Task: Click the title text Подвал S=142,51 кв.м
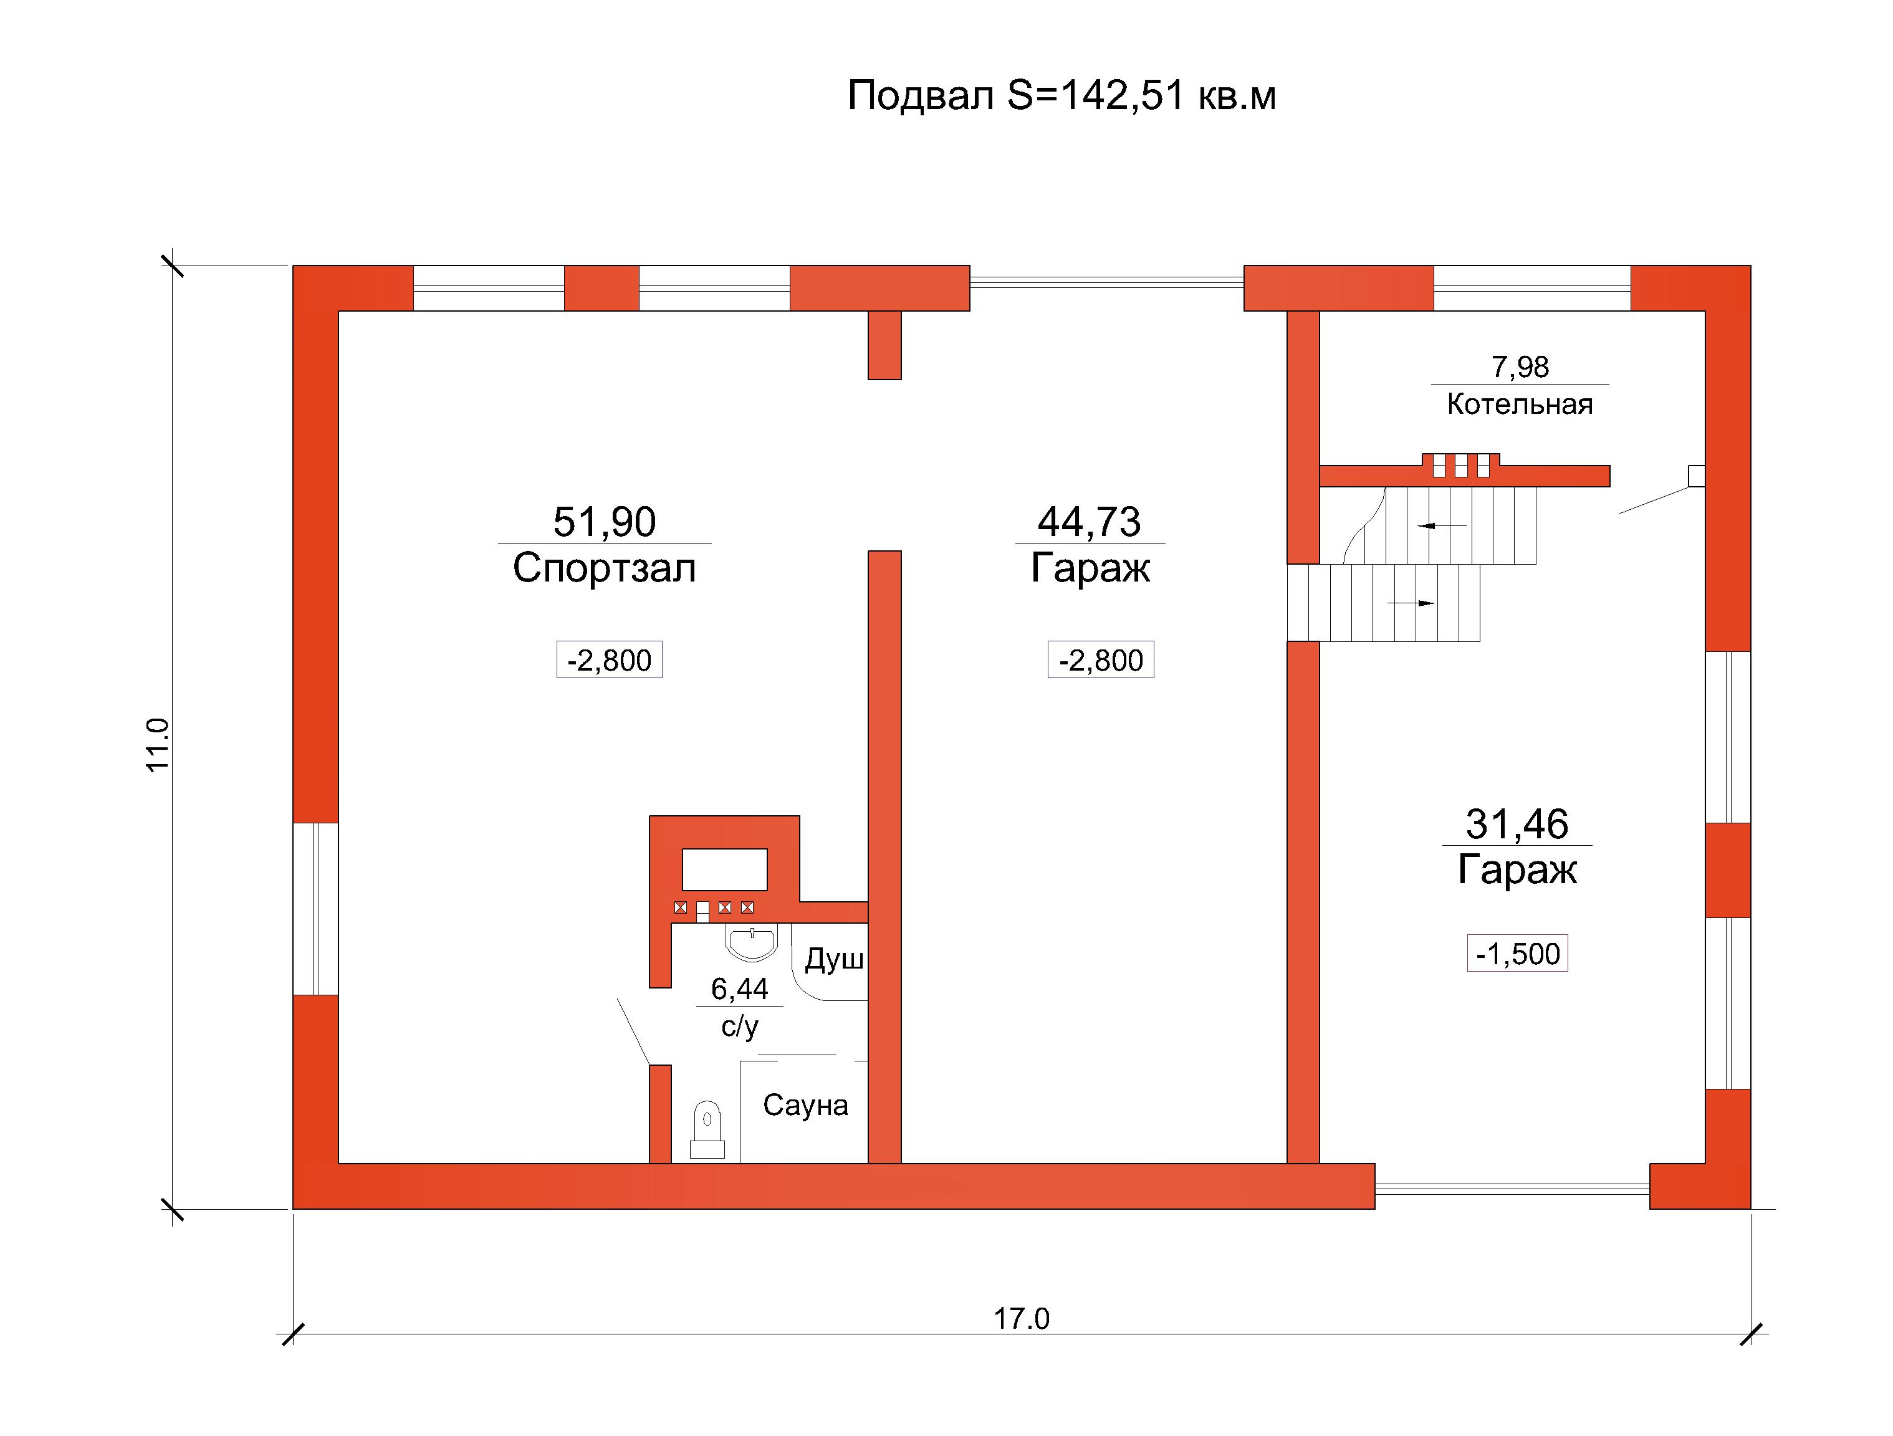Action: (x=1061, y=95)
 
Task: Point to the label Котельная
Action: (x=1520, y=404)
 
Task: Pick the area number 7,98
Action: (x=1520, y=366)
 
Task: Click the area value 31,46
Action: (x=1517, y=824)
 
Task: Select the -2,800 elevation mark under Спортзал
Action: (x=610, y=660)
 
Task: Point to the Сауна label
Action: (x=805, y=1105)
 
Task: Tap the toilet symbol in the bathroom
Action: (x=707, y=1129)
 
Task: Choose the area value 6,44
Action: (x=739, y=989)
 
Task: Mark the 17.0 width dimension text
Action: (x=1021, y=1319)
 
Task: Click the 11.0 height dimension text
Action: (x=158, y=745)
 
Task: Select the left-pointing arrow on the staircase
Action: (x=1442, y=525)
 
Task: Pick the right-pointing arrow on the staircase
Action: (x=1411, y=603)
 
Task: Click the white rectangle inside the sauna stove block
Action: (x=724, y=869)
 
